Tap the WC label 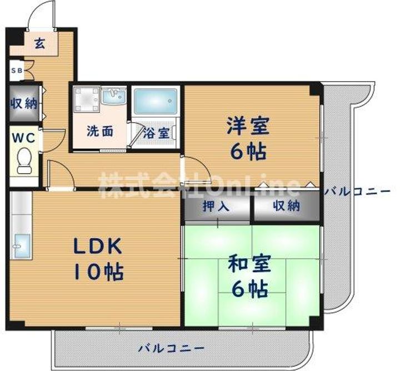tap(24, 138)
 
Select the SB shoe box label tap(17, 71)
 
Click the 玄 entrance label tap(40, 43)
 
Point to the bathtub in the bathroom tap(156, 101)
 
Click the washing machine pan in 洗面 tap(86, 100)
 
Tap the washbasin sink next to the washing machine tap(114, 97)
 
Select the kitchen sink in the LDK tap(22, 246)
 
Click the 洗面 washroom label tap(100, 131)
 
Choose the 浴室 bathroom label tap(156, 133)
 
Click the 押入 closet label tap(216, 206)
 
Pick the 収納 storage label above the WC tap(24, 103)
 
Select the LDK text tap(97, 246)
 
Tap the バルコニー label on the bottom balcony tap(171, 348)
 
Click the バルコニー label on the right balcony tap(357, 191)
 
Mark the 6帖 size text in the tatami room tap(250, 289)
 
